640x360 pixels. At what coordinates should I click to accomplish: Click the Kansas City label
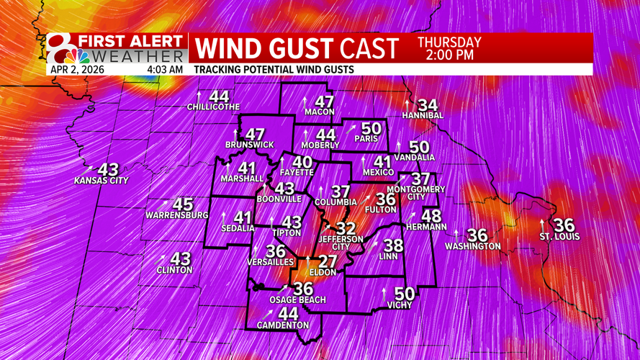tap(101, 181)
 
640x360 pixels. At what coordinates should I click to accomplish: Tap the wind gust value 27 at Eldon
tap(328, 261)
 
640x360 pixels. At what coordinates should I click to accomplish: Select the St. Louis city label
tap(559, 237)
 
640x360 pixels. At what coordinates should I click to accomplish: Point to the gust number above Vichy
tap(405, 294)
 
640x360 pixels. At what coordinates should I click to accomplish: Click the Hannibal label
tap(423, 115)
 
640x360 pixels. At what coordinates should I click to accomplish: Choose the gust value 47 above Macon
tap(324, 102)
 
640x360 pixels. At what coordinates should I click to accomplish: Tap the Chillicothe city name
tap(213, 107)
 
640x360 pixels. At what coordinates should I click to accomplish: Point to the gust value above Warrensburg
tap(183, 205)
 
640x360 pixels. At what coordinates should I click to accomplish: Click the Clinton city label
tap(174, 270)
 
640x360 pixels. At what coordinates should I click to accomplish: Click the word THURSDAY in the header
tap(449, 42)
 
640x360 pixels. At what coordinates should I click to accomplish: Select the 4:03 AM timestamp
tap(165, 70)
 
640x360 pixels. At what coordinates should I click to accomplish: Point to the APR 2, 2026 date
tap(77, 70)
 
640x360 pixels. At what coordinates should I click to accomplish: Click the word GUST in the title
tap(297, 48)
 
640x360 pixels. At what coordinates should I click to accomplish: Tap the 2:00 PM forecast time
tap(449, 55)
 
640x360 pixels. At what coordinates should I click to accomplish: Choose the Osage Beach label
tap(297, 300)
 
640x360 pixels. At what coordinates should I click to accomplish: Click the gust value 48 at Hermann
tap(431, 216)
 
